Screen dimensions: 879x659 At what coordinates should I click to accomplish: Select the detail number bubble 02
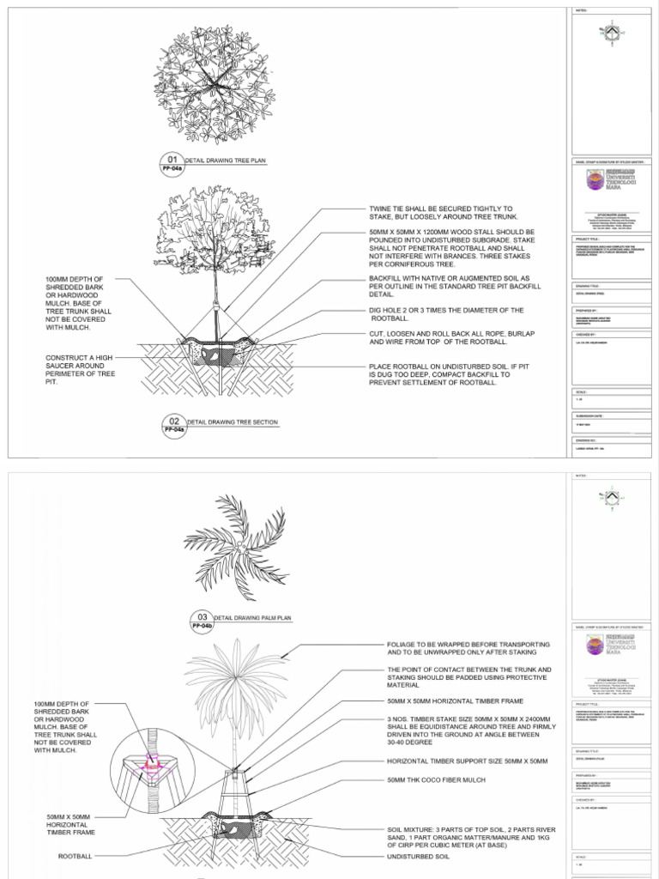pyautogui.click(x=173, y=421)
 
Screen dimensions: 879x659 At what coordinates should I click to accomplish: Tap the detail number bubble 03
pyautogui.click(x=202, y=616)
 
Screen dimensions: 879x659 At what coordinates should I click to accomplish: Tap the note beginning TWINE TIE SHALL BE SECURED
pyautogui.click(x=440, y=213)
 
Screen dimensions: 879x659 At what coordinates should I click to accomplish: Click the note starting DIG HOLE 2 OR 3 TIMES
pyautogui.click(x=445, y=313)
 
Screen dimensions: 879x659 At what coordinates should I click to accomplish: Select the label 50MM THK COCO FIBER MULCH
pyautogui.click(x=436, y=779)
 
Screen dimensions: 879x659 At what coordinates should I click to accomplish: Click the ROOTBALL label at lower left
pyautogui.click(x=75, y=856)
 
